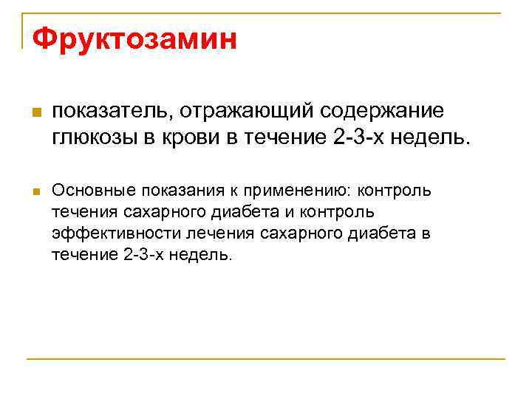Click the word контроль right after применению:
tap(395, 191)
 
